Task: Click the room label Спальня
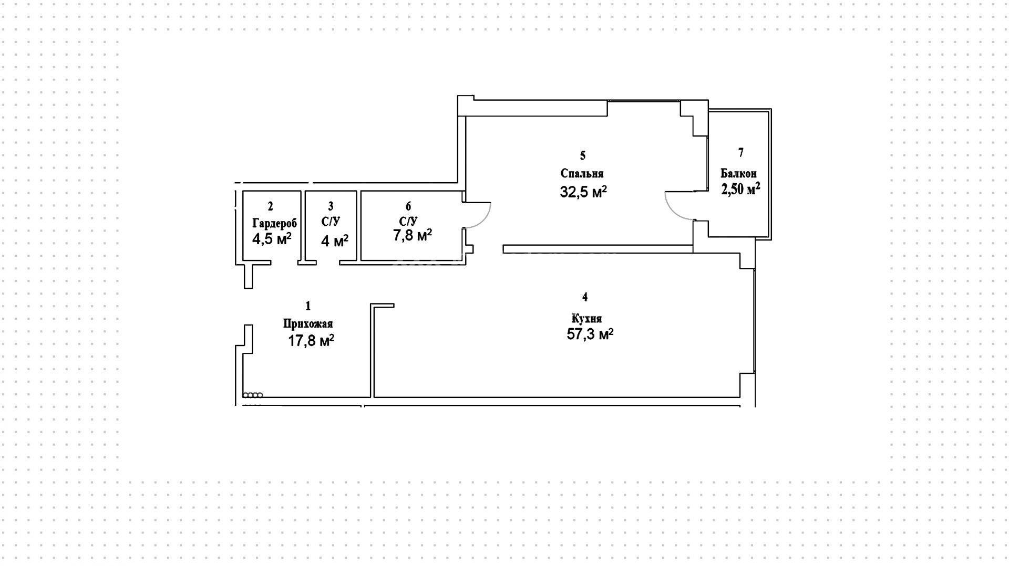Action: [582, 174]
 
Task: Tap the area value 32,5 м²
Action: [583, 192]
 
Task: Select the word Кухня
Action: [586, 319]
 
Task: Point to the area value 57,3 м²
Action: [590, 334]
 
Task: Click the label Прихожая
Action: [308, 324]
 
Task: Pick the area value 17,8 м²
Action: [311, 341]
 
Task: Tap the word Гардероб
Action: [274, 223]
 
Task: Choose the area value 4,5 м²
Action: [272, 239]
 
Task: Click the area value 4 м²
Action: [335, 241]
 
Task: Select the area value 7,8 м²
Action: [413, 235]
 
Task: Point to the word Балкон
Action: [738, 173]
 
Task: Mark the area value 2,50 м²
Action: [740, 189]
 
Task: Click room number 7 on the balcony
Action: [741, 153]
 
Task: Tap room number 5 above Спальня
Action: [582, 155]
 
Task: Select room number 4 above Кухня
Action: [585, 297]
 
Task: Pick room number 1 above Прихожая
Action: [308, 306]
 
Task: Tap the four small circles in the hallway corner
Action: [253, 395]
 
